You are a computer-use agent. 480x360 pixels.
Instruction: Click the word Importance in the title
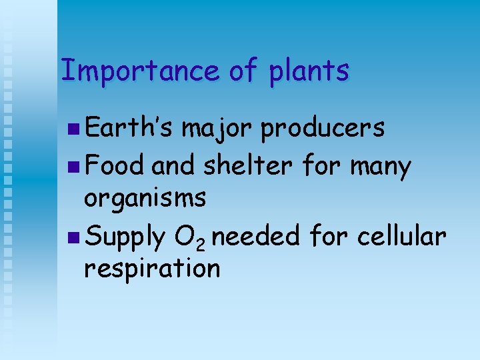pos(139,70)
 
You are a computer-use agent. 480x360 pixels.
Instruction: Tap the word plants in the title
pos(309,71)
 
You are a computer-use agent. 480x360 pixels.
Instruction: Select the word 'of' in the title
pos(243,70)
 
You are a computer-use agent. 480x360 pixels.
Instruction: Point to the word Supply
pos(125,236)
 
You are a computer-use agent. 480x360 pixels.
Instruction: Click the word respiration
pos(151,269)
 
